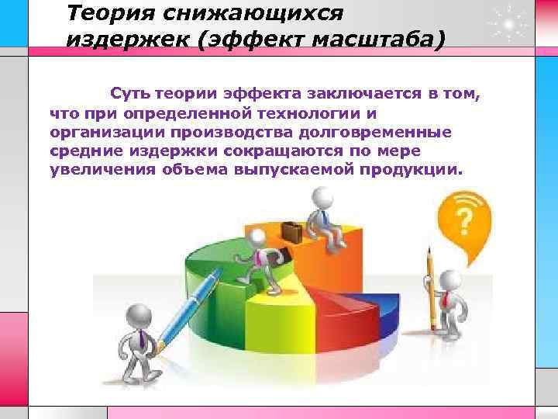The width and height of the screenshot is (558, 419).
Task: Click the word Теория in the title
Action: click(x=105, y=14)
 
